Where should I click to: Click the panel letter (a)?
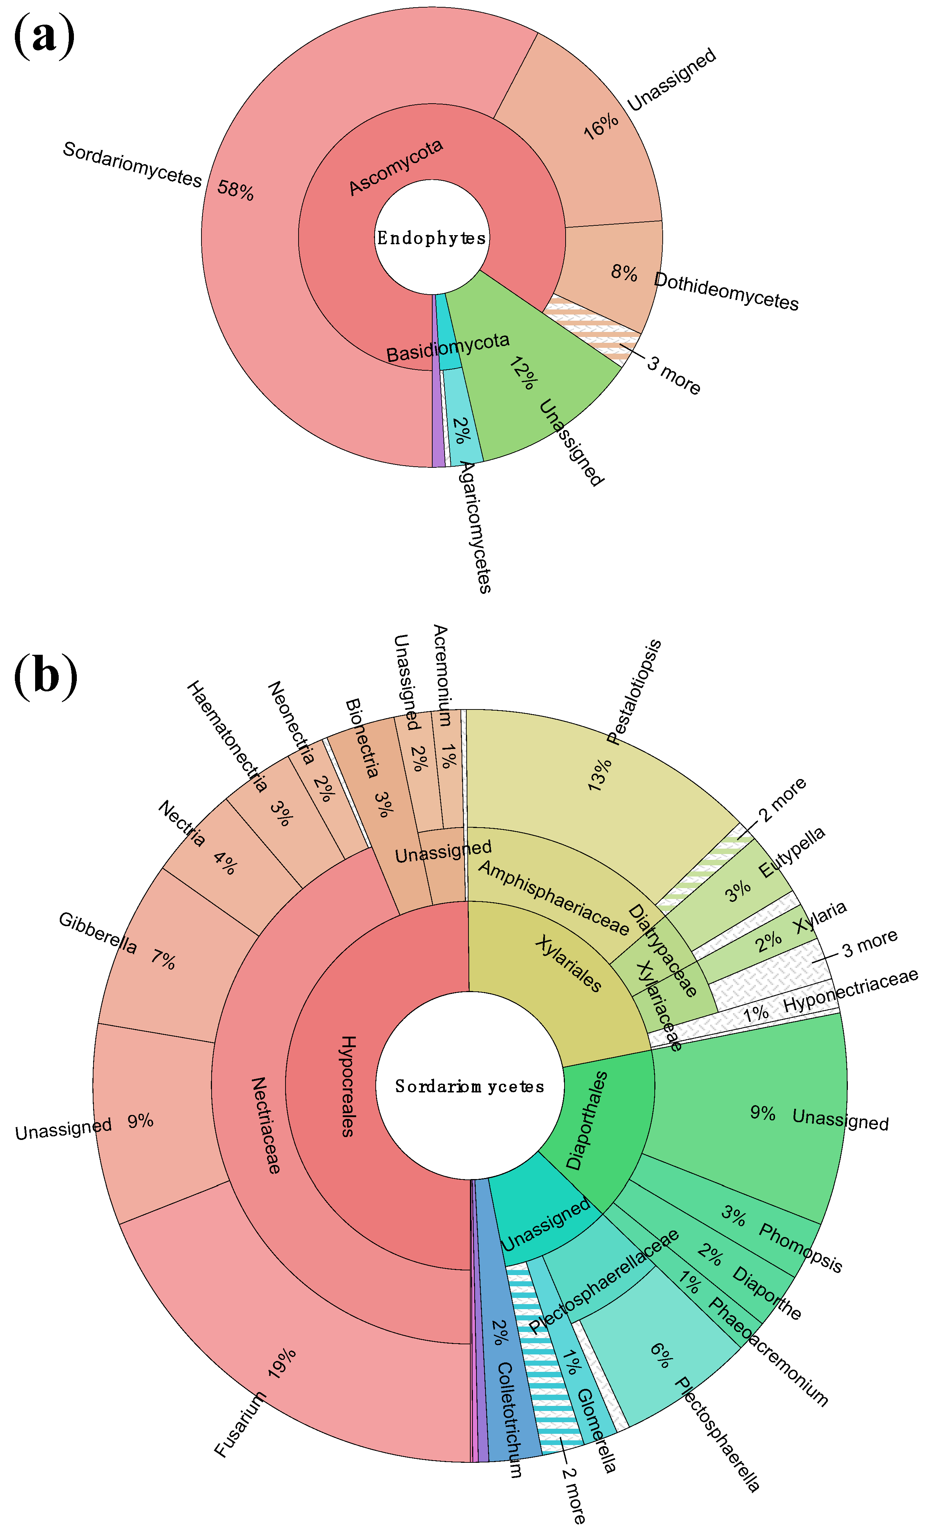coord(43,36)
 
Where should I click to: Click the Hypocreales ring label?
coord(347,1086)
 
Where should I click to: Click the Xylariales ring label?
coord(568,964)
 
